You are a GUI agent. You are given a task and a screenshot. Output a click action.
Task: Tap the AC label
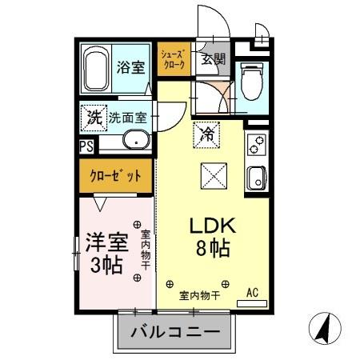(x=253, y=293)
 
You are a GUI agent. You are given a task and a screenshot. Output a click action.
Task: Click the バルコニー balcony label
(x=175, y=330)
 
